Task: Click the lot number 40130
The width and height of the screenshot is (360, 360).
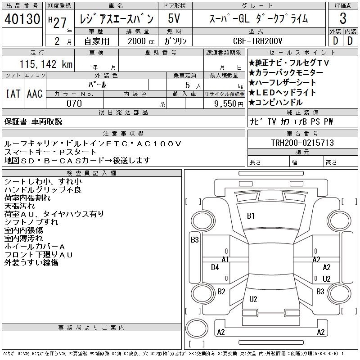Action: tap(22, 19)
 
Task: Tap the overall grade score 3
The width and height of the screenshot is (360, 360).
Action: tap(343, 18)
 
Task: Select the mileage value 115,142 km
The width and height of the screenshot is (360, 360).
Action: tap(46, 64)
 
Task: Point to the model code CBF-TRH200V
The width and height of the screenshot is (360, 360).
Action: tap(257, 41)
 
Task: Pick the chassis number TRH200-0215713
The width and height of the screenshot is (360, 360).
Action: tap(302, 143)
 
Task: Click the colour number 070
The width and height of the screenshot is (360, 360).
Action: tap(74, 103)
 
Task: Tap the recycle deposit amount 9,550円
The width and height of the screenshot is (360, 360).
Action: tap(229, 104)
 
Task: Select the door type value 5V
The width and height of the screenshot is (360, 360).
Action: tap(174, 18)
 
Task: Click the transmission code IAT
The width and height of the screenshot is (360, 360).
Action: tap(13, 94)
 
